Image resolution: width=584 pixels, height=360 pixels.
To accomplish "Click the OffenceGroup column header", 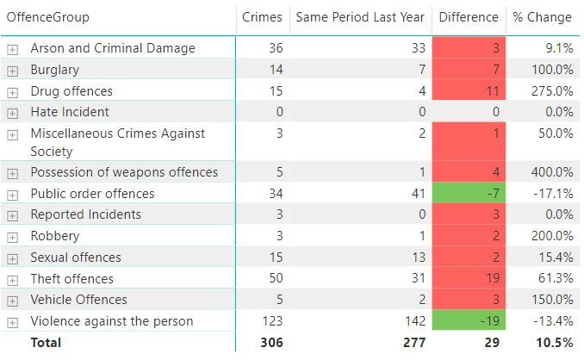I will coord(47,17).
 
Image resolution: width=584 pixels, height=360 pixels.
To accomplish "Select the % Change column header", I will coord(542,17).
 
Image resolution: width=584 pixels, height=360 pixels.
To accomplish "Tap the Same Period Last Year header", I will coord(360,17).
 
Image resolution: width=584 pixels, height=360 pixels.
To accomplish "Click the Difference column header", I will coord(468,17).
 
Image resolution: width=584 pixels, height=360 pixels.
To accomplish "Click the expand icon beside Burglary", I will coord(12,71).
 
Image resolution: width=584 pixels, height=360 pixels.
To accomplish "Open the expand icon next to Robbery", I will coord(12,237).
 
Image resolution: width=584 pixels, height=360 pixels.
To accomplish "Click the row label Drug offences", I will coord(71,91).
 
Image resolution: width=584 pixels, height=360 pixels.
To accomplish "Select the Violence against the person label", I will coord(112,321).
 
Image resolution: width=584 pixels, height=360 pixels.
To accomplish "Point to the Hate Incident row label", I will coord(70,112).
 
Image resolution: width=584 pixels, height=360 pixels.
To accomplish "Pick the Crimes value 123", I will coord(270,321).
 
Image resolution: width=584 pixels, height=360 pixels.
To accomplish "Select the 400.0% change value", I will coord(553,172).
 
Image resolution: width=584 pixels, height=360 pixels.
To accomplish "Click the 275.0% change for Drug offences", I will coord(553,91).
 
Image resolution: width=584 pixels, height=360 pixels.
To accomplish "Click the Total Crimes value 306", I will coord(270,342).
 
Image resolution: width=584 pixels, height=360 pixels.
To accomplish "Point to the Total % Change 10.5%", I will coord(555,342).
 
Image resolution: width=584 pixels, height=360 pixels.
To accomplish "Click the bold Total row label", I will coord(47,342).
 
